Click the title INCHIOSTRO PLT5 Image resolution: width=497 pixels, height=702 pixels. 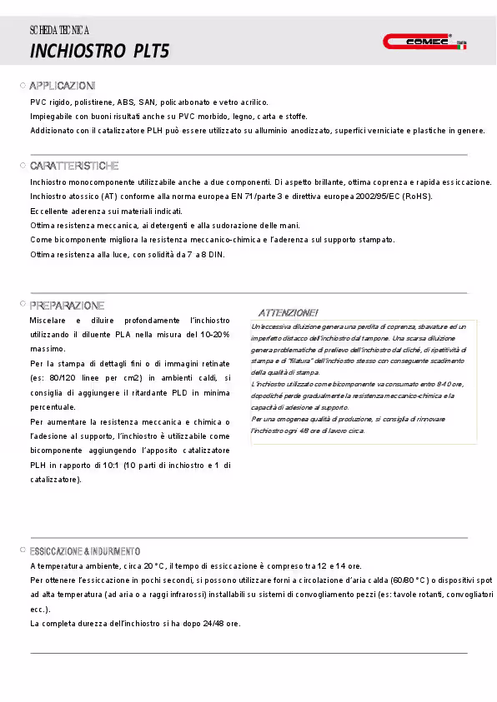click(99, 52)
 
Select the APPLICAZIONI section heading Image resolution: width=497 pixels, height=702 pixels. click(63, 87)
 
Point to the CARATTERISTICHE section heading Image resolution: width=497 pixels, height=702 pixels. click(74, 167)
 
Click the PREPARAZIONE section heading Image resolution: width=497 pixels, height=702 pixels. click(67, 306)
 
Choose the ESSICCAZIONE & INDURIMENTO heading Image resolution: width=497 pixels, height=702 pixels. click(85, 551)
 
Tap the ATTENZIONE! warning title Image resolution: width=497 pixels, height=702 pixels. click(288, 312)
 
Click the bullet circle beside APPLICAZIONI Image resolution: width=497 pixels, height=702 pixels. click(23, 87)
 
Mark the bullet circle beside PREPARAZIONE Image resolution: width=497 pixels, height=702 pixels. click(23, 306)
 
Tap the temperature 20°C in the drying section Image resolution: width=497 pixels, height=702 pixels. click(154, 566)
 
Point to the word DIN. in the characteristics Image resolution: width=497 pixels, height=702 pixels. click(216, 254)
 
